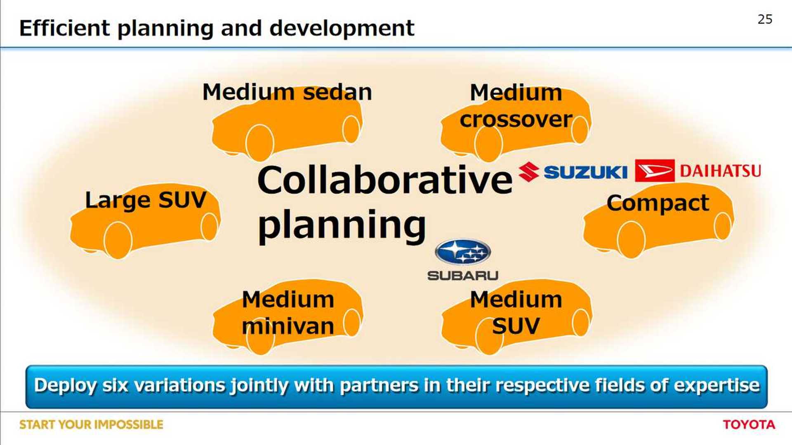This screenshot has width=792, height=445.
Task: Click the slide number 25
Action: tap(765, 19)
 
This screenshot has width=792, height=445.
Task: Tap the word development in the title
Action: tap(342, 29)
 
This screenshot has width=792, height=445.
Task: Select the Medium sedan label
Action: tap(287, 92)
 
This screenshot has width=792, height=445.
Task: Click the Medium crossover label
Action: tap(516, 106)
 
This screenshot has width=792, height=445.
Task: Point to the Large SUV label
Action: tap(145, 200)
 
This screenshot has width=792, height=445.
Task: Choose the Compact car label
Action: tap(658, 203)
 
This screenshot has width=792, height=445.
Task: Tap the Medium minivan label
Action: tap(288, 313)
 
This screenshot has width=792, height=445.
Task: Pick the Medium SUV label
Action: tap(516, 313)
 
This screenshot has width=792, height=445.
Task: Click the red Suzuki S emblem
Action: tap(529, 172)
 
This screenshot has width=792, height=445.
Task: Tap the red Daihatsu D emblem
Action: tap(655, 171)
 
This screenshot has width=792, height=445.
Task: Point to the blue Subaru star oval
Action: tap(463, 252)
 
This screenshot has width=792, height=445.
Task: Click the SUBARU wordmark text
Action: tap(463, 275)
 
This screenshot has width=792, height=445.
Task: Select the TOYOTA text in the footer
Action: tap(749, 424)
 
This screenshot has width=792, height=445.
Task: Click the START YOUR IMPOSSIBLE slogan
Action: tap(91, 424)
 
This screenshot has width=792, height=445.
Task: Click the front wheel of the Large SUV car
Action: tap(118, 240)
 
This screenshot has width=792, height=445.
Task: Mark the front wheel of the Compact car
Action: tap(631, 240)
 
